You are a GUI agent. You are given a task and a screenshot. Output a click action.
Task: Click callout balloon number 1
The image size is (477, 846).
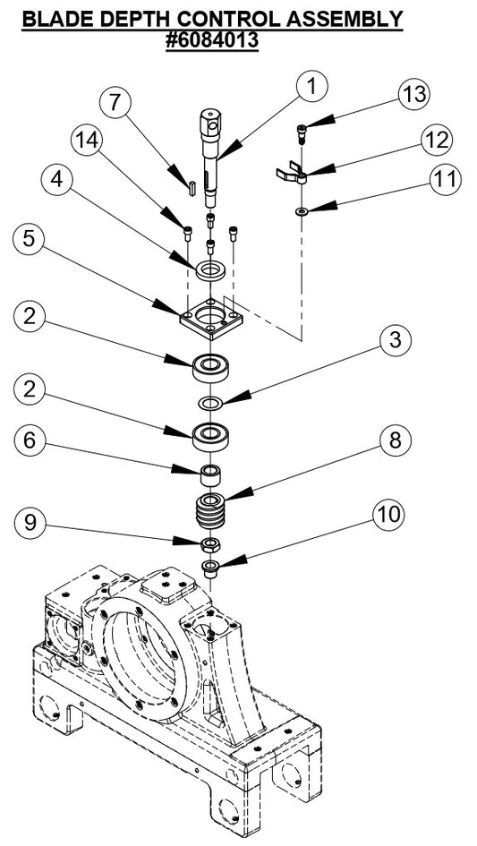(311, 87)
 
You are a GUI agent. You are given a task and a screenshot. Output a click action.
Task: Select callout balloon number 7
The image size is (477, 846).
(115, 101)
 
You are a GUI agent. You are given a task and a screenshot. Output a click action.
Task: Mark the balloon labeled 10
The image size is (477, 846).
(387, 515)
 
